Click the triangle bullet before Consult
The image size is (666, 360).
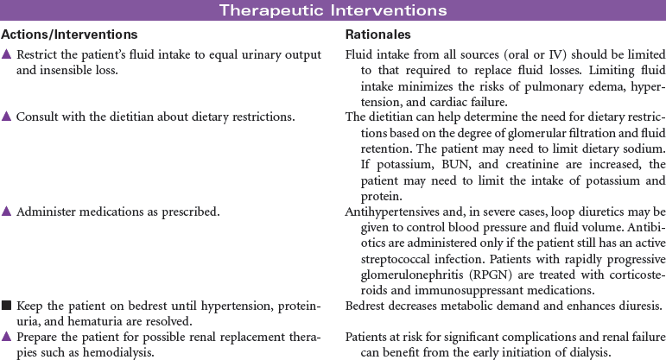tap(7, 116)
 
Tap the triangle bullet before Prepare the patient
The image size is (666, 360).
tap(7, 333)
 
